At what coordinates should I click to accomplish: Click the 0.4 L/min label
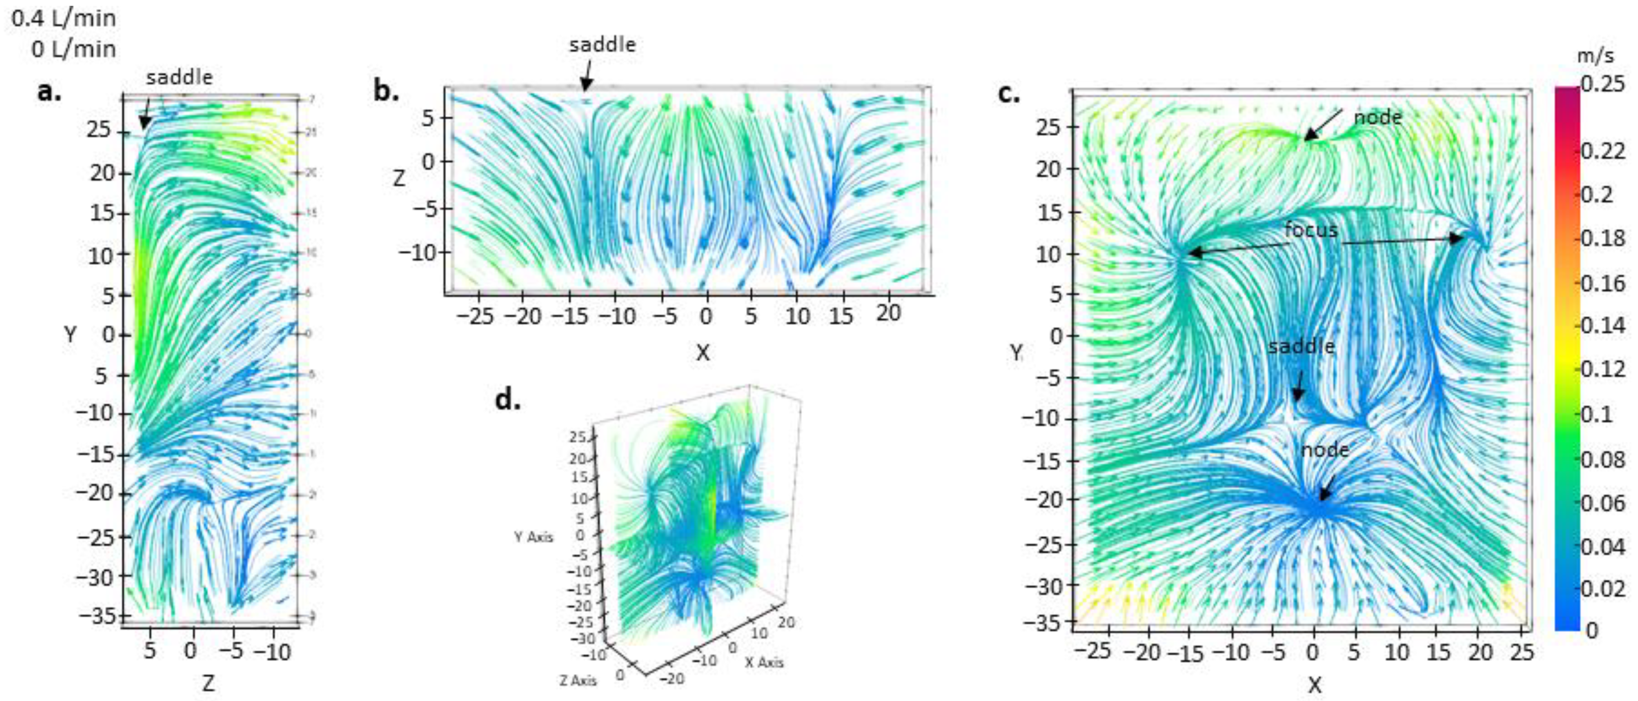(63, 18)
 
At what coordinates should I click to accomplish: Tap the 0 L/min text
(74, 49)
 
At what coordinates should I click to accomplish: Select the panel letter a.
(49, 91)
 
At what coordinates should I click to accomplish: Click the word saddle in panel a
(179, 77)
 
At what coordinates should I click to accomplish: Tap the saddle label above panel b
(602, 45)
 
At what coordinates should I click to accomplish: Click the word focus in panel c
(1311, 229)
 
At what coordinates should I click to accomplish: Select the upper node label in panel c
(1377, 117)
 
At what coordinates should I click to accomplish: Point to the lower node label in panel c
(1325, 450)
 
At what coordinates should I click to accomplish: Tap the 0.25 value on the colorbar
(1602, 83)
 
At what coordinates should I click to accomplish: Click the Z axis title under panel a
(207, 683)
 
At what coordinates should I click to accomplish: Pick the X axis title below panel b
(702, 353)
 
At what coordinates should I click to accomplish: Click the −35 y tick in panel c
(1043, 624)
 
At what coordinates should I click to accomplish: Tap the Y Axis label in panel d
(534, 537)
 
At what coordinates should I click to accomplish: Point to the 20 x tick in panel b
(888, 313)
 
